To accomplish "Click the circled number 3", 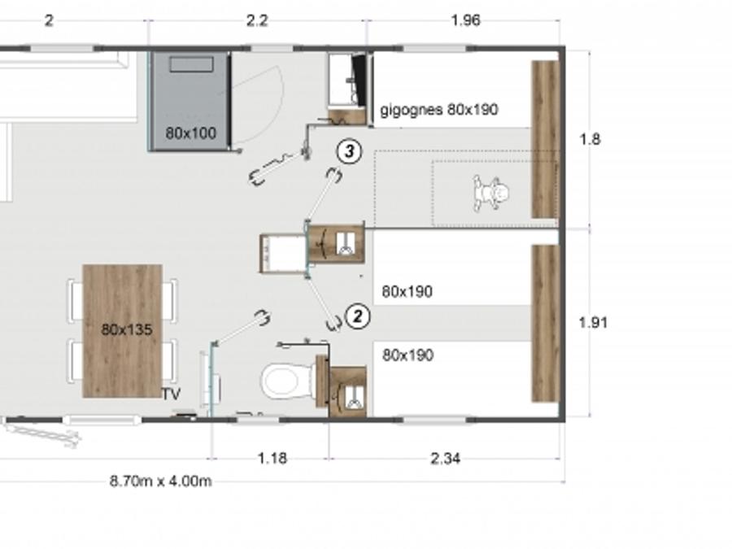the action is tap(349, 151).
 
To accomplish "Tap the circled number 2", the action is tap(358, 316).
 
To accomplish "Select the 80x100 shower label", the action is tap(191, 133).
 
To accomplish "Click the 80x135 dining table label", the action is tap(127, 329).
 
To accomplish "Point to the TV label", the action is tap(172, 394).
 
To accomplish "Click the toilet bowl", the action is tap(285, 381).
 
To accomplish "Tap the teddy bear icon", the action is tap(490, 192).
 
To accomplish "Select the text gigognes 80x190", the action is tap(439, 110).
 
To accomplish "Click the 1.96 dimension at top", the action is tap(465, 20).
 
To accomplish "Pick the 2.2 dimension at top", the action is tap(257, 20).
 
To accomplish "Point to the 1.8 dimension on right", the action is tap(590, 139).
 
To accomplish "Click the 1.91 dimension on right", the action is tap(593, 323).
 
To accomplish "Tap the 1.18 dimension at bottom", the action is tap(272, 459).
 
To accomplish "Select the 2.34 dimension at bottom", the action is tap(445, 459).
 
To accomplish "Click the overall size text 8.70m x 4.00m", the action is tap(160, 481).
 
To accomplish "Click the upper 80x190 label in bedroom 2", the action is tap(407, 292).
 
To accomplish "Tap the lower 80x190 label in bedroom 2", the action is tap(407, 355).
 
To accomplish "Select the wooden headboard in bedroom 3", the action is tap(545, 139).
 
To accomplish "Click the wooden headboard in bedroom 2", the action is tap(545, 323).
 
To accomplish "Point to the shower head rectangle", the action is tap(191, 64).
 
